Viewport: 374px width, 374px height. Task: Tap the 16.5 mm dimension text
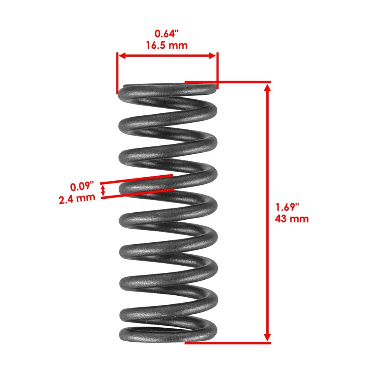click(167, 45)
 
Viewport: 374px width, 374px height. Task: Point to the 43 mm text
click(292, 219)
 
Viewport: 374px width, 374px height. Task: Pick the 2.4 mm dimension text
click(77, 198)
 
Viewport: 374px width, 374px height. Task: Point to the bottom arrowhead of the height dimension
click(267, 337)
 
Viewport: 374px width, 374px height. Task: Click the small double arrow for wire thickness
click(103, 191)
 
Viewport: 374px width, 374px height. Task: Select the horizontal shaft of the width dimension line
click(167, 56)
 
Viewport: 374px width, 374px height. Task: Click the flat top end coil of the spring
click(168, 88)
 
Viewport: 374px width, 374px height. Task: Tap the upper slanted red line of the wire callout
click(136, 179)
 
